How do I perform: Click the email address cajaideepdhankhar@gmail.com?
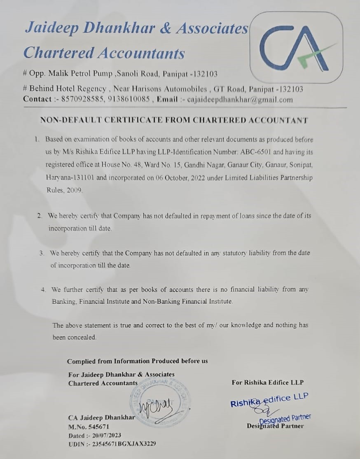(x=240, y=99)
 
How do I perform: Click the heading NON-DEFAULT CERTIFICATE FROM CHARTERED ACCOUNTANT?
(x=173, y=120)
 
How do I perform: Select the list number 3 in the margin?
(x=42, y=253)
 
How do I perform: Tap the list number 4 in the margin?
(x=43, y=289)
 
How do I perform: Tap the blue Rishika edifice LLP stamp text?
(x=269, y=400)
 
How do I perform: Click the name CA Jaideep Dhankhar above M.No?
(x=101, y=417)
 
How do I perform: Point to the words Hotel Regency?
(x=88, y=89)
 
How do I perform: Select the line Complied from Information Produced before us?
(x=137, y=361)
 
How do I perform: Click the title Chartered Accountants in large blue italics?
(x=104, y=53)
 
